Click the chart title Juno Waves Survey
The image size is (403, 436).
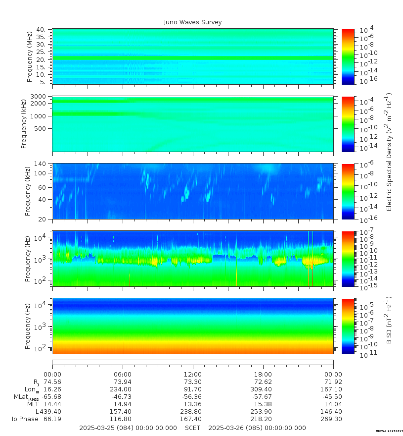[193, 22]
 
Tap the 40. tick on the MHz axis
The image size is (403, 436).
[41, 30]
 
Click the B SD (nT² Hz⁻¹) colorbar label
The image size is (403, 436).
[389, 321]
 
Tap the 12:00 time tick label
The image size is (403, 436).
[193, 374]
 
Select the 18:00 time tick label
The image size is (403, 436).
[263, 374]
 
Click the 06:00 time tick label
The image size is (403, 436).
[123, 374]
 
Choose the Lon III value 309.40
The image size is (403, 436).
[263, 389]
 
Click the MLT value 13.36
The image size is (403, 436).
[193, 404]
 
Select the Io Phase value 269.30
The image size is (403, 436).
[333, 419]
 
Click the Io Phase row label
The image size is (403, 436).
[25, 419]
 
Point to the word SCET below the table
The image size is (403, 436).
[193, 428]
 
